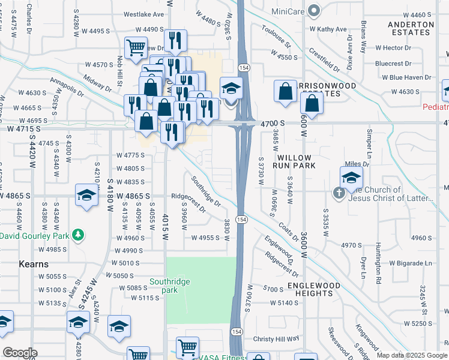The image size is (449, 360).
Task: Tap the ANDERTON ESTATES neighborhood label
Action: (x=411, y=29)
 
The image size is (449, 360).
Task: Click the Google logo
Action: (x=20, y=353)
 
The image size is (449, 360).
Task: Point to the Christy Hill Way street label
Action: (x=276, y=339)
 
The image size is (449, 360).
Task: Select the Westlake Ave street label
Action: (x=143, y=14)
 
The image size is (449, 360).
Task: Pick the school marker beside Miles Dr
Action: (x=351, y=177)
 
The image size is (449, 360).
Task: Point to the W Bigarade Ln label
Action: (x=410, y=263)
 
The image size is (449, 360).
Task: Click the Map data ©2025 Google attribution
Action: (x=411, y=355)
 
